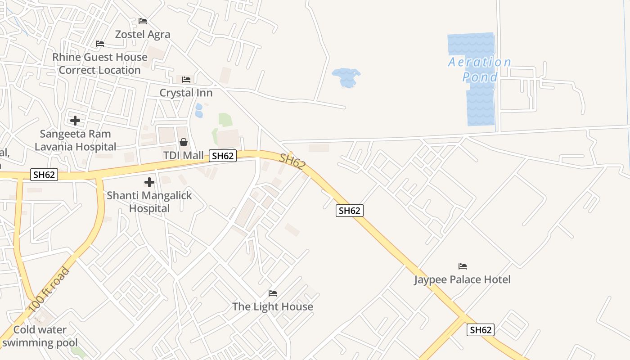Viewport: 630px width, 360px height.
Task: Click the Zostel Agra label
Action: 143,35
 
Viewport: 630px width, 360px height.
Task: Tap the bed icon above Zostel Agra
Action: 143,21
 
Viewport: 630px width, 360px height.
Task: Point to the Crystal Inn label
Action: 186,93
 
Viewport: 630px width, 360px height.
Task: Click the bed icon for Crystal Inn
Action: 186,80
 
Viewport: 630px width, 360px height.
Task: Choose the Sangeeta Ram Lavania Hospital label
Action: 75,140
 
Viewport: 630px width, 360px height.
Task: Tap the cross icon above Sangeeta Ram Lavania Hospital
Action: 75,121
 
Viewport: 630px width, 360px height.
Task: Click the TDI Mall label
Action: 183,155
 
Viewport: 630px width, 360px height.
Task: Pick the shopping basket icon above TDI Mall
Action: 184,142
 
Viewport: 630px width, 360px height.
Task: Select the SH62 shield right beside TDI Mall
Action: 223,156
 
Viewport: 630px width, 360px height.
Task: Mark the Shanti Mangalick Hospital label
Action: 149,202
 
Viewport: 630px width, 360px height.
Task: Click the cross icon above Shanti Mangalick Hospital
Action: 149,182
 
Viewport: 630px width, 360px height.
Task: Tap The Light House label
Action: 273,306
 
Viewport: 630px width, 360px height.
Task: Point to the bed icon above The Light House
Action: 273,293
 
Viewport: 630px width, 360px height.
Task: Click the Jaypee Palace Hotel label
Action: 462,279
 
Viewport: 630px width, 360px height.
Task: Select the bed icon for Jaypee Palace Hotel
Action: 463,266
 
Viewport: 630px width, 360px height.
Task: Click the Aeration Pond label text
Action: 480,69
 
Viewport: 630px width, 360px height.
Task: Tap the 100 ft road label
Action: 49,290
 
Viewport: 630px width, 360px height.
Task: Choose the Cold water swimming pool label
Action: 40,336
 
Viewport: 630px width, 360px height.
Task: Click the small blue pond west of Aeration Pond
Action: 346,77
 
